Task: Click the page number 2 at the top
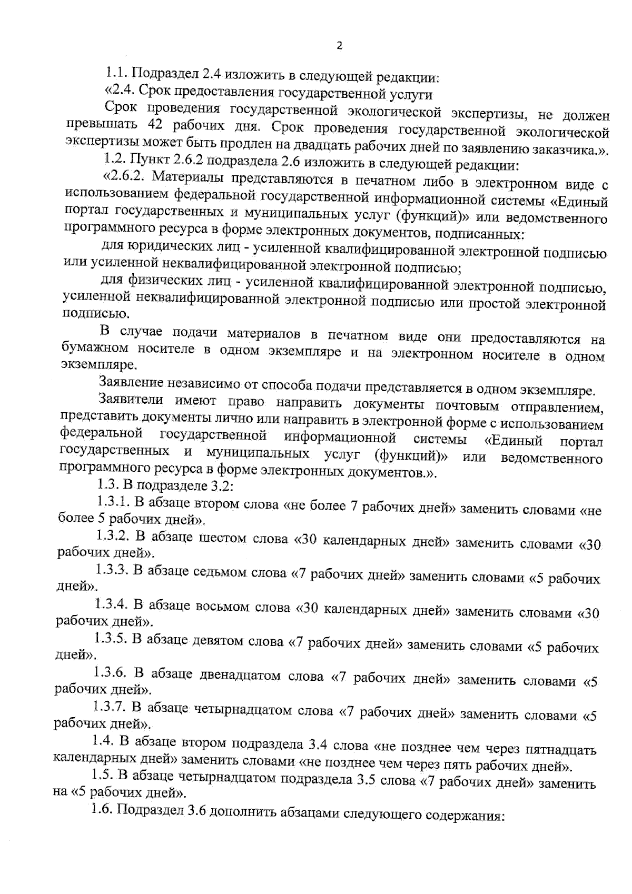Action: tap(339, 46)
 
